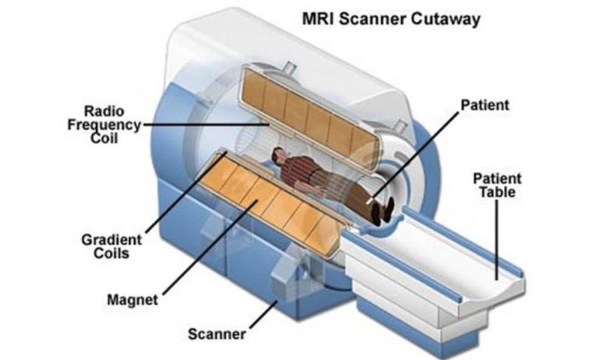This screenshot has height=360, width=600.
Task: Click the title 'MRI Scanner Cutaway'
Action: pyautogui.click(x=391, y=19)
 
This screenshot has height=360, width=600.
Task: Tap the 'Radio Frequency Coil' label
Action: pyautogui.click(x=104, y=124)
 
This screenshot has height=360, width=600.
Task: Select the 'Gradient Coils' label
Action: pyautogui.click(x=111, y=247)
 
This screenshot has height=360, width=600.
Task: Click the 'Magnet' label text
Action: pyautogui.click(x=133, y=299)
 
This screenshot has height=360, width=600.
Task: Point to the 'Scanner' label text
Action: pyautogui.click(x=217, y=334)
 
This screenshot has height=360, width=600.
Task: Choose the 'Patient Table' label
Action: pyautogui.click(x=497, y=185)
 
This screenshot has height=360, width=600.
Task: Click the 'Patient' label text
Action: pyautogui.click(x=484, y=105)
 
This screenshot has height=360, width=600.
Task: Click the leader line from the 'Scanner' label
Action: pyautogui.click(x=264, y=314)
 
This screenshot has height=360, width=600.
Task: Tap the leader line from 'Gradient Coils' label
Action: pyautogui.click(x=186, y=193)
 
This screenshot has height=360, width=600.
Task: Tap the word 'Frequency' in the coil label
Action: pyautogui.click(x=104, y=125)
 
